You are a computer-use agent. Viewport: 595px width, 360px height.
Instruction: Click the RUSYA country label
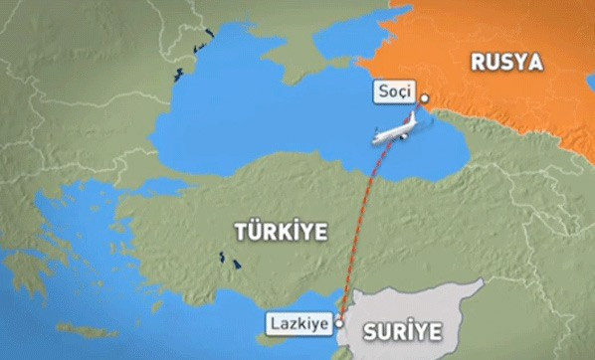click(507, 64)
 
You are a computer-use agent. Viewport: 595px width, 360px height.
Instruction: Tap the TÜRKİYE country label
click(281, 231)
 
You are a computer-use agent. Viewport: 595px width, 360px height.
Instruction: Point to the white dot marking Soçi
click(423, 98)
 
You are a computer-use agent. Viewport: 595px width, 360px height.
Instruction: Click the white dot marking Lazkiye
click(338, 322)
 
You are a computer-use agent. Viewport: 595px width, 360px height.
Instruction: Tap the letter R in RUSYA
click(478, 64)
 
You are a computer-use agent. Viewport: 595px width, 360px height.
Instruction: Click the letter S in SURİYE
click(370, 329)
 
